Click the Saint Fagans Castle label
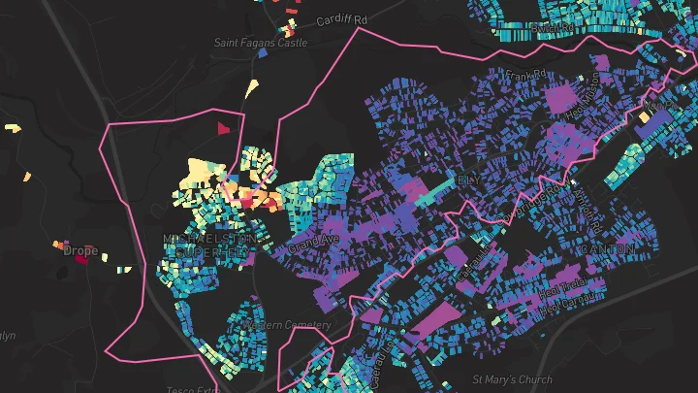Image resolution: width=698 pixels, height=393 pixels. [261, 44]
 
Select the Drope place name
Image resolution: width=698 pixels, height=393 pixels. [80, 250]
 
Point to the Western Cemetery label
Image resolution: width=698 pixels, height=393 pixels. [292, 324]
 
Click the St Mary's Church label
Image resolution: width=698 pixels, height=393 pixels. [512, 378]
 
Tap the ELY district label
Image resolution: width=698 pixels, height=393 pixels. [467, 180]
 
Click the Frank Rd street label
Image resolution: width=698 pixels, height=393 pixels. [526, 75]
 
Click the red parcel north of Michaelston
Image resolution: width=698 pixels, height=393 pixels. [224, 127]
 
